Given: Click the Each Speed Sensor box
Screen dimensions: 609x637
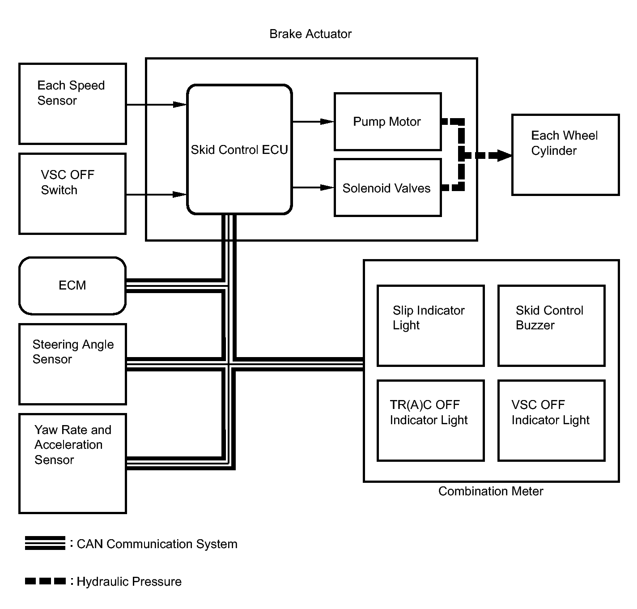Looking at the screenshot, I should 72,104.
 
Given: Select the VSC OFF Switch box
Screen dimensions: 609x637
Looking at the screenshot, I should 72,194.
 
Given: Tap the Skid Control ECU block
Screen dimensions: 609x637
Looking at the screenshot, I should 239,149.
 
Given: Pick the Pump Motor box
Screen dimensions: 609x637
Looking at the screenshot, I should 387,122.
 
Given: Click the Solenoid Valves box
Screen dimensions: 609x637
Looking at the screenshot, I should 387,188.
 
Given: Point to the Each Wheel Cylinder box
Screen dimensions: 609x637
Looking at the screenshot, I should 565,155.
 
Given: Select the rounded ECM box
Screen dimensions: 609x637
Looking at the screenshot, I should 72,285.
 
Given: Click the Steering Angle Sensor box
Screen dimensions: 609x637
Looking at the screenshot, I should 72,364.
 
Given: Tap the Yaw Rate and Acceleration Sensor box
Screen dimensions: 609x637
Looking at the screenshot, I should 72,463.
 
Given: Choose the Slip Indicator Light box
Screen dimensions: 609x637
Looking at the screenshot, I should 430,326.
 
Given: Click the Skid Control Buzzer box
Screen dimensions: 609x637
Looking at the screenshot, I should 551,326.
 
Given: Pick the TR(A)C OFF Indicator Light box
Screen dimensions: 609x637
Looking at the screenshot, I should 430,420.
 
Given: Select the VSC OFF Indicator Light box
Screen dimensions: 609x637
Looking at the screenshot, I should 551,420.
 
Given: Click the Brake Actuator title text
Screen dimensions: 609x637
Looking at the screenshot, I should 310,34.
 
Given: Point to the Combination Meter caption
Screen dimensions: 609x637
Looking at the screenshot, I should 491,491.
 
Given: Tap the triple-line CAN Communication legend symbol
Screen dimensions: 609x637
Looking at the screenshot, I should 45,543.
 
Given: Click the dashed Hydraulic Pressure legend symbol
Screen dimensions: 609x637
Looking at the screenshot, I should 45,581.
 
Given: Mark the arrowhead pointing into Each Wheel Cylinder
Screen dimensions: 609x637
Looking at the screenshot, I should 505,156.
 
